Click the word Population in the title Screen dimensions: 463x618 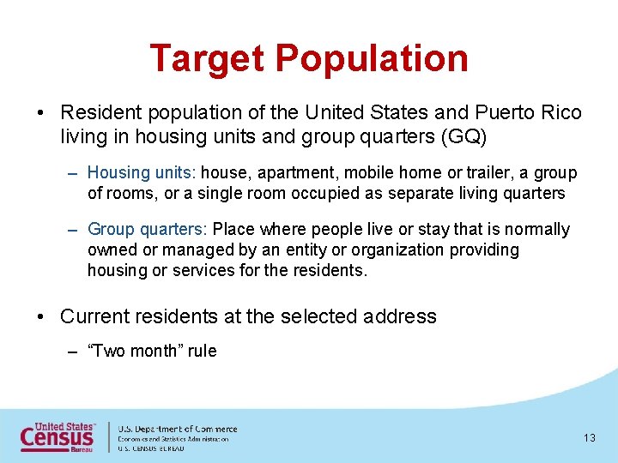tap(372, 58)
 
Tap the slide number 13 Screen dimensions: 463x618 tap(589, 438)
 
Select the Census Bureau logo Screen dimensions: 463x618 tap(59, 437)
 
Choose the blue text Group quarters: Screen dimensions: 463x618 tap(148, 229)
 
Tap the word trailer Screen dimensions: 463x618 tap(488, 173)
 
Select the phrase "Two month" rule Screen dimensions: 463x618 tap(152, 351)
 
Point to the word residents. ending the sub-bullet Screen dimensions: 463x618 tap(335, 270)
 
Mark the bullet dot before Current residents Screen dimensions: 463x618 tap(41, 316)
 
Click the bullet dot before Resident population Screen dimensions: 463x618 tap(41, 113)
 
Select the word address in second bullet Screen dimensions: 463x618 tap(399, 316)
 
